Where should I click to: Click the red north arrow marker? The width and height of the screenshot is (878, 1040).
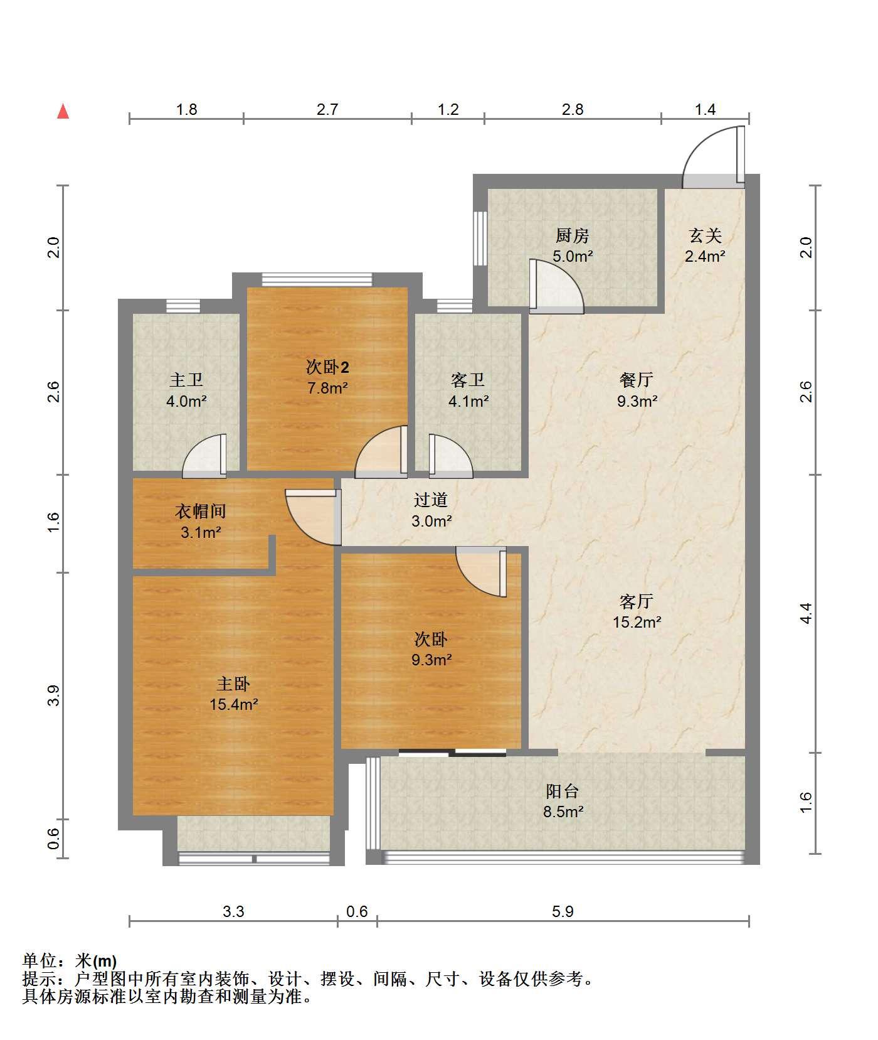click(x=63, y=112)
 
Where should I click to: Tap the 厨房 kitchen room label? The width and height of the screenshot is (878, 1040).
click(x=573, y=236)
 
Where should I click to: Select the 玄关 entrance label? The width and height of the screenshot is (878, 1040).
click(x=705, y=236)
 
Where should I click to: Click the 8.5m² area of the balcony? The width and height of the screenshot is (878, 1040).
click(x=563, y=812)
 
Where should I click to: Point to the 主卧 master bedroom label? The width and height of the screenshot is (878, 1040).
click(x=233, y=684)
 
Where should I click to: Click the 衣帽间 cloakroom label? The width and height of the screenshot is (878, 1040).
click(x=201, y=512)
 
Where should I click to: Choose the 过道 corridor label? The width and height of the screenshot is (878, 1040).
click(x=431, y=500)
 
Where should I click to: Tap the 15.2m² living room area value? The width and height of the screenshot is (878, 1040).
click(x=637, y=622)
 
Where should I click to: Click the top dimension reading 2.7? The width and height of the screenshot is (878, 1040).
click(x=327, y=110)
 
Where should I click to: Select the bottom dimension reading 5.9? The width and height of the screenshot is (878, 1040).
click(x=563, y=911)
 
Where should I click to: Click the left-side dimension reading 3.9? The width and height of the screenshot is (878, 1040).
click(x=54, y=695)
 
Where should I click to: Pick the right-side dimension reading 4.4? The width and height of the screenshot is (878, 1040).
click(x=807, y=613)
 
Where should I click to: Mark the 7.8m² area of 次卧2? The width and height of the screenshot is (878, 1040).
click(x=327, y=388)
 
